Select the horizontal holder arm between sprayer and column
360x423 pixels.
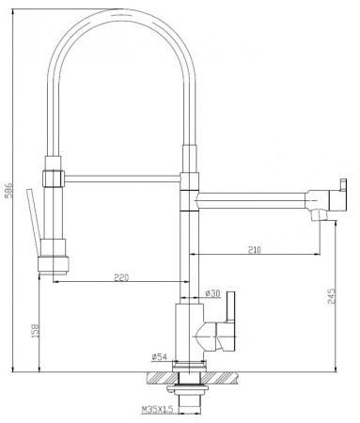point(122,174)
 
